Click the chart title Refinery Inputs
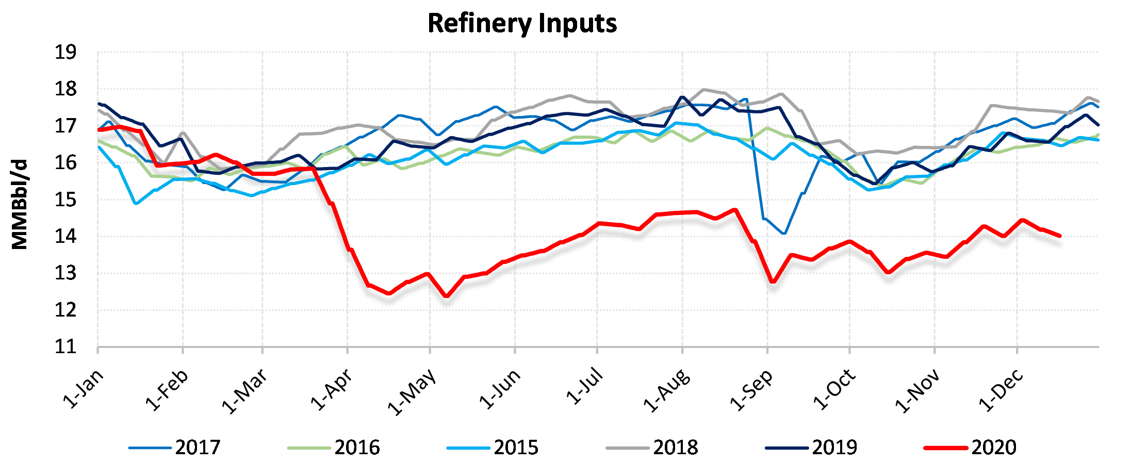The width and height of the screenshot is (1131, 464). [x=522, y=24]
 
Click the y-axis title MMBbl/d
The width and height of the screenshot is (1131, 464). [x=20, y=205]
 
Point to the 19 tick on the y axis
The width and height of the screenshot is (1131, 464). [x=66, y=52]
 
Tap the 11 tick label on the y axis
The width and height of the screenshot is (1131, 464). [x=66, y=346]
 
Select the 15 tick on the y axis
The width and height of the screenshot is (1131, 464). [x=66, y=200]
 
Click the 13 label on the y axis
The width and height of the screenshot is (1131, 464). [x=66, y=273]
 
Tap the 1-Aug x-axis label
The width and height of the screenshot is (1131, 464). [x=666, y=390]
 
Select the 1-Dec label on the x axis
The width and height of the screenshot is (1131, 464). [x=1001, y=390]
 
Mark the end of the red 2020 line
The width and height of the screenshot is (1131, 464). [x=1059, y=236]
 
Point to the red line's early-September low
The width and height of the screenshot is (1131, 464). [x=773, y=282]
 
